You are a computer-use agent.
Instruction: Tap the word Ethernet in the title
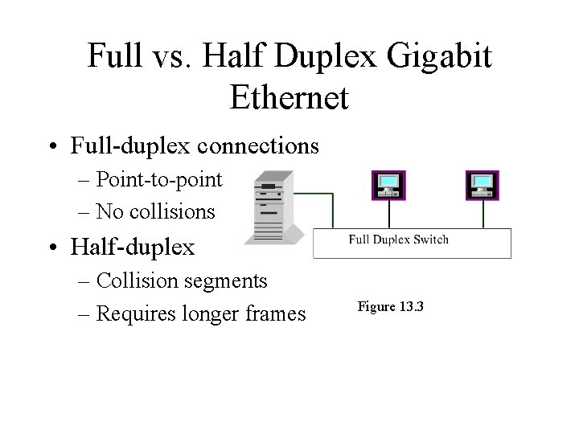pos(289,97)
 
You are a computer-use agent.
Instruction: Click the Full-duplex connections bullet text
pos(195,147)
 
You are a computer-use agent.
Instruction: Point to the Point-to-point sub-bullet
pos(158,180)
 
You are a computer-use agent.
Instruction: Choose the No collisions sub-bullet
pos(155,211)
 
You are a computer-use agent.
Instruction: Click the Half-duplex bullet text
pos(133,248)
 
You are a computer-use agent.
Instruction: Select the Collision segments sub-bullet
pos(181,280)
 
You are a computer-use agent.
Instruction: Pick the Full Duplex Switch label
pos(398,239)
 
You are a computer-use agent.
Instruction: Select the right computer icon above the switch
pos(483,185)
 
